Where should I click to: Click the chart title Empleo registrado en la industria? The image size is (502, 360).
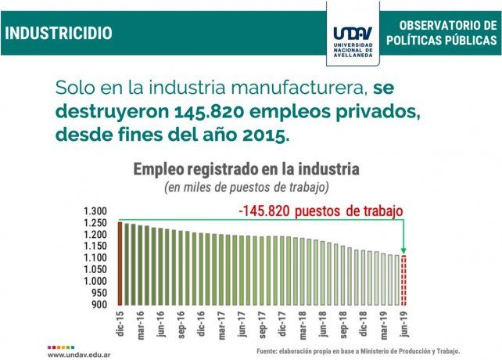pos(246,168)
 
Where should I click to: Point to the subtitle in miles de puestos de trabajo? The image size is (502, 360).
pos(245,188)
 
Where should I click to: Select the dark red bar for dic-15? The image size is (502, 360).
pos(121,264)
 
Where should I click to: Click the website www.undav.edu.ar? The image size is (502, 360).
pos(77,353)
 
